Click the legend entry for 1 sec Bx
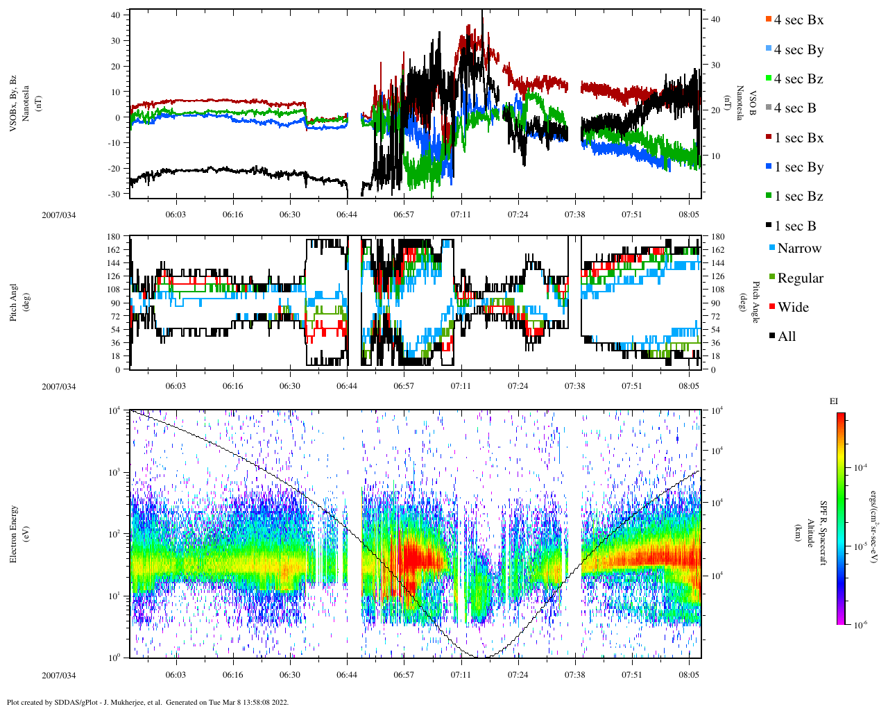pos(798,138)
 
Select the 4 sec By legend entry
pos(798,50)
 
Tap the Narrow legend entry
pos(799,249)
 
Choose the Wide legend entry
pos(792,308)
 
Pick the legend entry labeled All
pos(786,337)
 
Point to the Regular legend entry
pos(799,278)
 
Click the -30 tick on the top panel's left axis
pos(115,194)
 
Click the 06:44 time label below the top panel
pos(347,215)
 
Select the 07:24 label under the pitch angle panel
pos(518,386)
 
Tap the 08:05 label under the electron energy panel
pos(689,675)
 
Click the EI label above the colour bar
pos(834,401)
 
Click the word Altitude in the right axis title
pos(810,533)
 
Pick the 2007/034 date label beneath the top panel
pos(58,215)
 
